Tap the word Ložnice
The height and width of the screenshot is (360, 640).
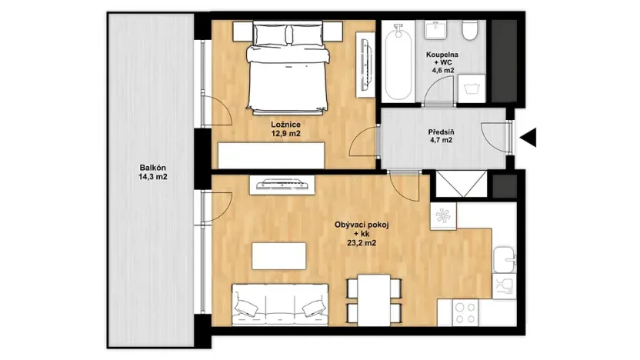tap(285, 123)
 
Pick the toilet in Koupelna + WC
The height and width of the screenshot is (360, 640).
tap(470, 32)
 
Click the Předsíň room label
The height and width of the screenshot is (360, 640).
tap(441, 131)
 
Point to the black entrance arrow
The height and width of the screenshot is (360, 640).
tap(528, 138)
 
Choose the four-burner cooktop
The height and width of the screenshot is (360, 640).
tap(465, 311)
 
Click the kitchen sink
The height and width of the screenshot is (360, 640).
tap(503, 260)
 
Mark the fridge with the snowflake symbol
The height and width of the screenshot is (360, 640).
tap(442, 215)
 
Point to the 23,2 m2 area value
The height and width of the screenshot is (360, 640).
tap(362, 245)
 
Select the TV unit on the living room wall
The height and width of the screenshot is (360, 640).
tap(283, 184)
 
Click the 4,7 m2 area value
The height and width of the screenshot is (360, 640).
tap(441, 141)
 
